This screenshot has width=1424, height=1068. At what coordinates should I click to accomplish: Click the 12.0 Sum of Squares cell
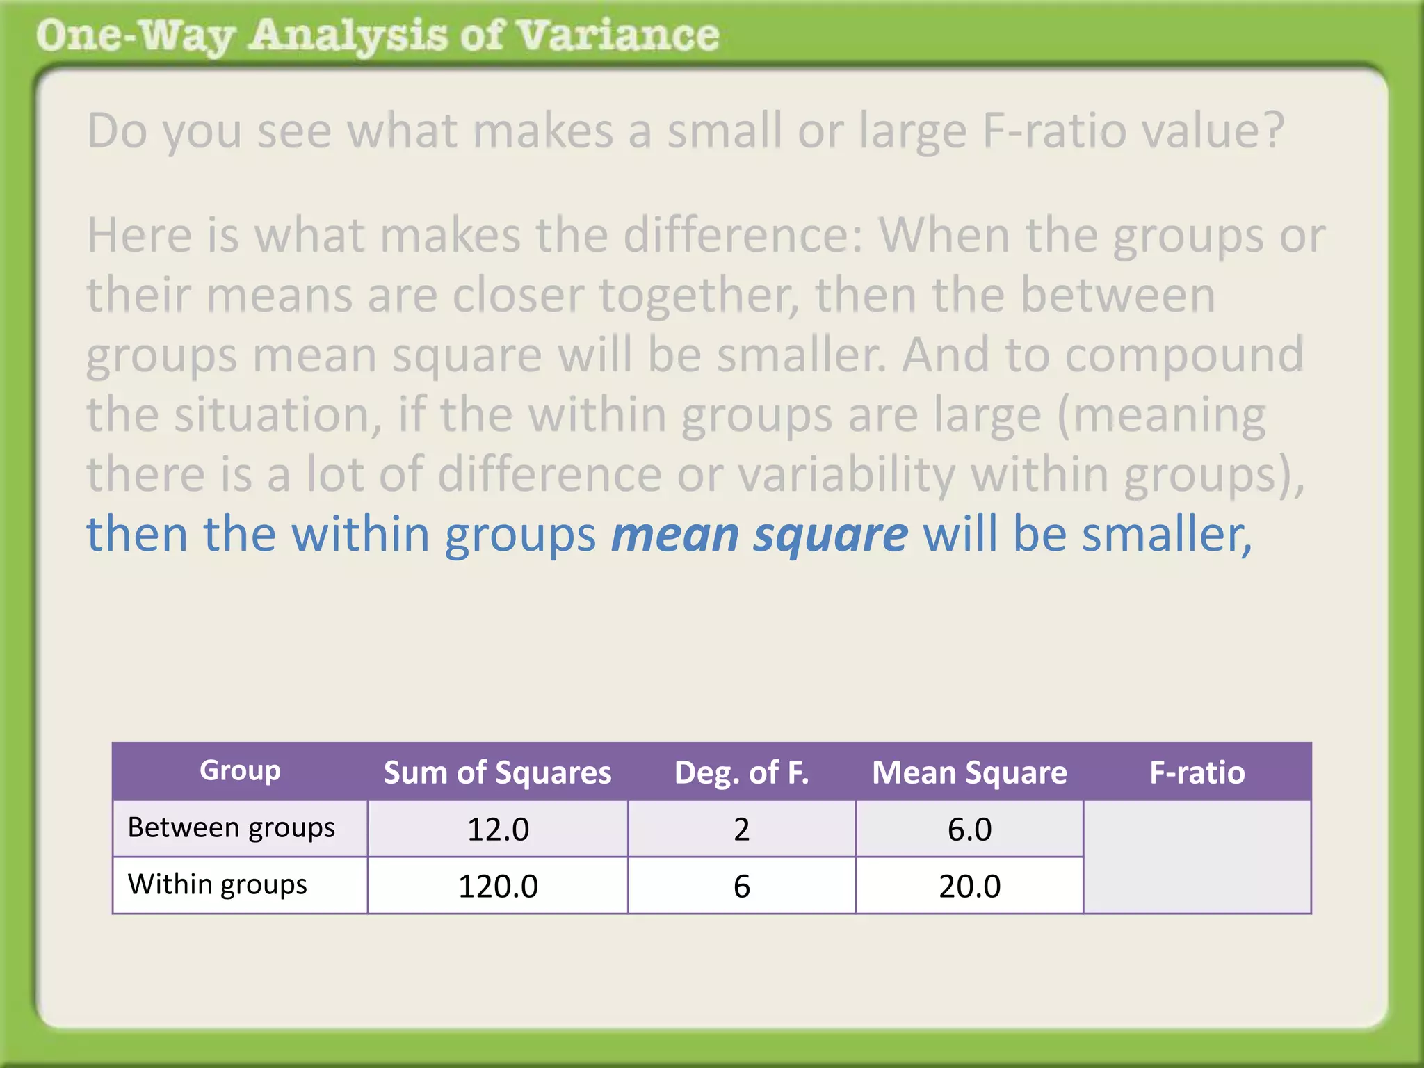(498, 830)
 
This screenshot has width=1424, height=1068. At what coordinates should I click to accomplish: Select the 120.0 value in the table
(498, 887)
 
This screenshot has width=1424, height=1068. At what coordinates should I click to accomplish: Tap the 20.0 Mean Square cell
(969, 887)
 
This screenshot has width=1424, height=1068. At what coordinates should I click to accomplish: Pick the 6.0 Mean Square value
(969, 830)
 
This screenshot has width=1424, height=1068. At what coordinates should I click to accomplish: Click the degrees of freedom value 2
(741, 830)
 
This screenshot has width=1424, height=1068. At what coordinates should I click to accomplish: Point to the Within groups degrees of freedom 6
(741, 887)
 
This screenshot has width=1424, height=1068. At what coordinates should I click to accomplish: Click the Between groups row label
(232, 827)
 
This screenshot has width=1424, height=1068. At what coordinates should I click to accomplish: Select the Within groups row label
(218, 884)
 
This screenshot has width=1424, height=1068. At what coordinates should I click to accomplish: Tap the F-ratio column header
(1197, 772)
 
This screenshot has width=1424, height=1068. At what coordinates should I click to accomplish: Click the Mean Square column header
(969, 772)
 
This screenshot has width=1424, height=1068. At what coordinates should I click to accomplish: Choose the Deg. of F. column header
(741, 772)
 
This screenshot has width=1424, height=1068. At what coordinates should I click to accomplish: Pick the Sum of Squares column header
(498, 772)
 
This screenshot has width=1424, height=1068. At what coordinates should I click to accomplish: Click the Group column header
(240, 770)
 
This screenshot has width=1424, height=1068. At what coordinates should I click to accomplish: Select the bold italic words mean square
(759, 534)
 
